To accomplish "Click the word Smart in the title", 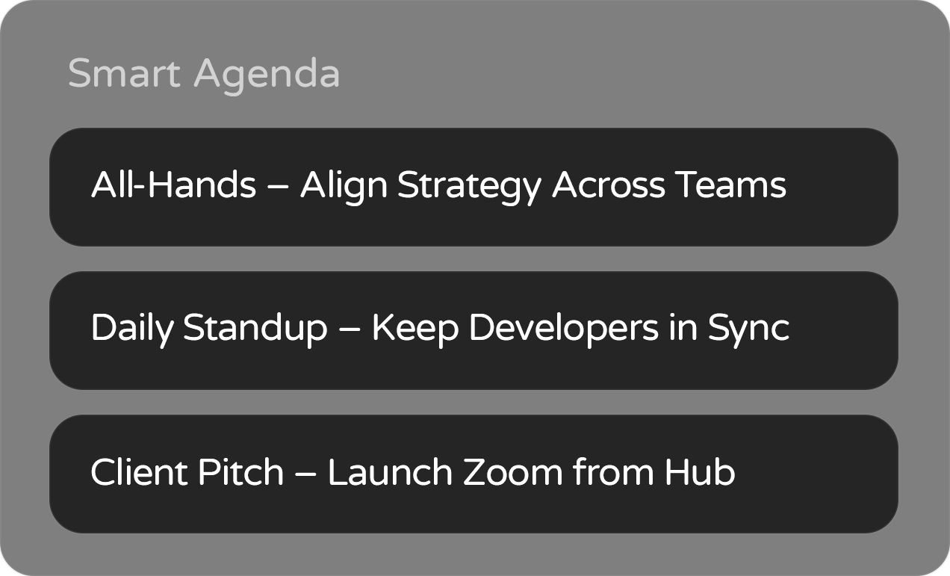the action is coord(124,73).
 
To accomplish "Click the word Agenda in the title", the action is coord(267,76).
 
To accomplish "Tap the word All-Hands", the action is coord(174,185).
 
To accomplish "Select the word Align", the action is coord(344,188).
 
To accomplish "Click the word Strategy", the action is coord(469,188).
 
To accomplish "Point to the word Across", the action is coord(609,185).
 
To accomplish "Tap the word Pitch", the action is coord(241,471).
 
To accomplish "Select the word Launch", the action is coord(390,471).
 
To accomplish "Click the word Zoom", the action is coord(513,471).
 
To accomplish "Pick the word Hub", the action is coord(700,471).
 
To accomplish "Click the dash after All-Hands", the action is coord(279,186).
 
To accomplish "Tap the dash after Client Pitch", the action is coord(305,473).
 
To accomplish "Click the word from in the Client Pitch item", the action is coord(613,471).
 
